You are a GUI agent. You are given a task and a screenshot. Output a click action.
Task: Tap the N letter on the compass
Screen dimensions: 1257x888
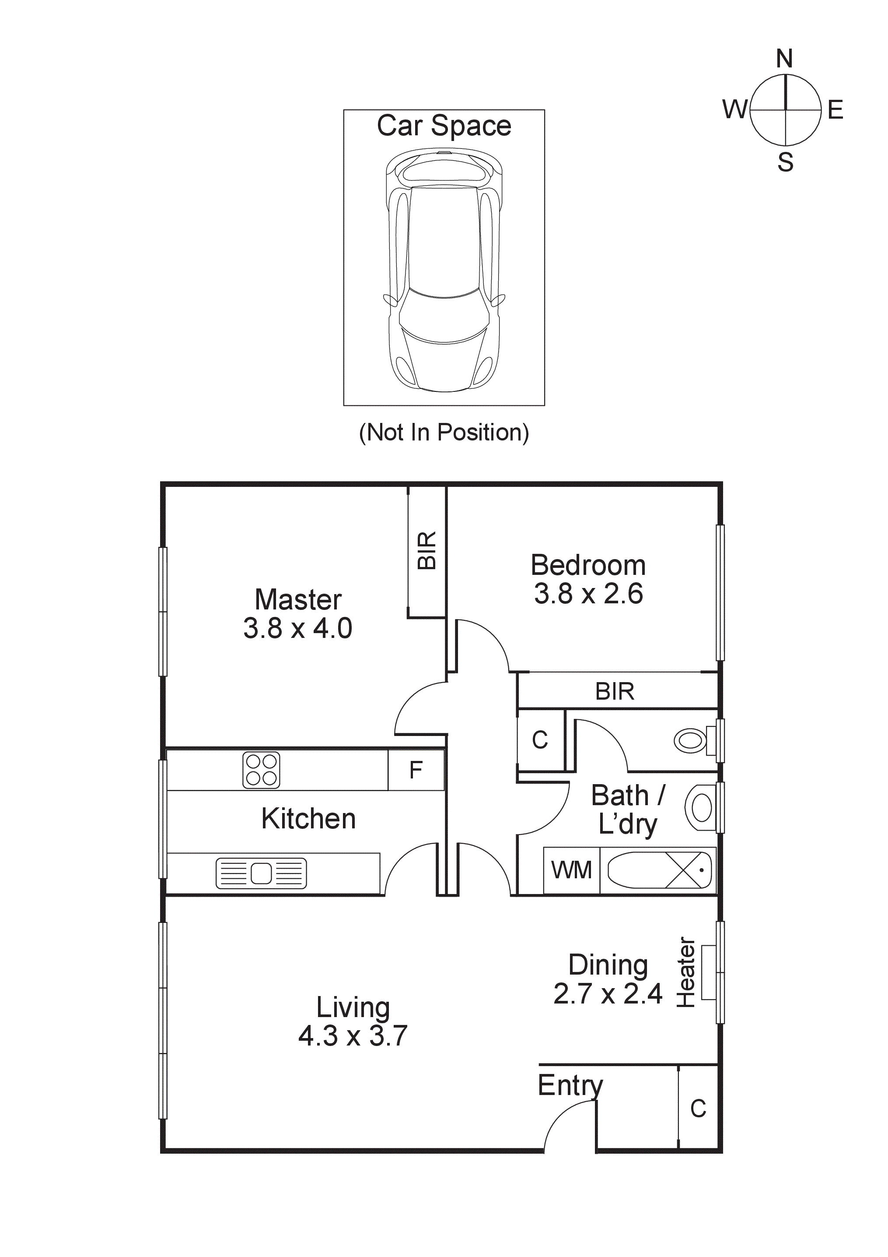(785, 59)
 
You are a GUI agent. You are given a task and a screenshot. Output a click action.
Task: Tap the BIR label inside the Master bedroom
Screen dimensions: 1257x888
(427, 550)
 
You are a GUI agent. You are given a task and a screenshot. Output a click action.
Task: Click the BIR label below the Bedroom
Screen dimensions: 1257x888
(615, 691)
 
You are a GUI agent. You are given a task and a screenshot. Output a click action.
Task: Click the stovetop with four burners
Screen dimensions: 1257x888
(262, 770)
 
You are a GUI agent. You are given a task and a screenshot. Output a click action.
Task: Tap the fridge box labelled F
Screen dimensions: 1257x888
(416, 770)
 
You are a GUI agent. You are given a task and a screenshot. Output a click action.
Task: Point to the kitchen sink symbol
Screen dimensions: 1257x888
(261, 873)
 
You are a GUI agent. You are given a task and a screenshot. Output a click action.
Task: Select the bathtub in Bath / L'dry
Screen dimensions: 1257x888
(659, 870)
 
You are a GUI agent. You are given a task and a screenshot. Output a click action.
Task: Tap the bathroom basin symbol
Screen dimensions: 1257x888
(700, 807)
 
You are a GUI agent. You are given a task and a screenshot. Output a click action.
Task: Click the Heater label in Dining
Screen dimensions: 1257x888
(686, 972)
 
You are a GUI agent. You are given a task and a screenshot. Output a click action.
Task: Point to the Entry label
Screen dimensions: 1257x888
(570, 1085)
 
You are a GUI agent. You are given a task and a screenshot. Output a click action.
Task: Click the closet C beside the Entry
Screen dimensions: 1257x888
(698, 1109)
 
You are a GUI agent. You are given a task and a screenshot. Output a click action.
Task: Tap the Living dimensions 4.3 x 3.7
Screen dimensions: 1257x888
(353, 1036)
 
